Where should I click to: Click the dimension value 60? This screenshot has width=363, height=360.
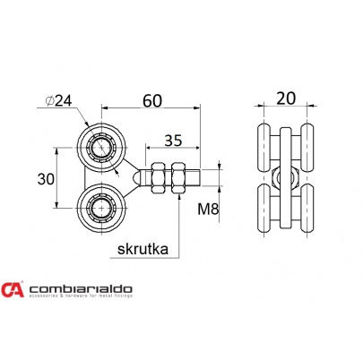coord(151,100)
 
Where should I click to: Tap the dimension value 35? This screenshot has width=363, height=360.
coord(173,140)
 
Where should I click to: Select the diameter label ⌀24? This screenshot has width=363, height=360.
coord(59,101)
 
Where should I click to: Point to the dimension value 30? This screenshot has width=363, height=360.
coord(46,179)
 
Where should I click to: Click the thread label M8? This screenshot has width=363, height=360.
coord(208,210)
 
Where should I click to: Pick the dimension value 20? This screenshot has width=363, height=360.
coord(286,99)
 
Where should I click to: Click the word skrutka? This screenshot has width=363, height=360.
coord(143,249)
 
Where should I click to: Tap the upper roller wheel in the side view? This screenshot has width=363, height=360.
coord(101,148)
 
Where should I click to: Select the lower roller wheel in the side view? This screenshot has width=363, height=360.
coord(101,207)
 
